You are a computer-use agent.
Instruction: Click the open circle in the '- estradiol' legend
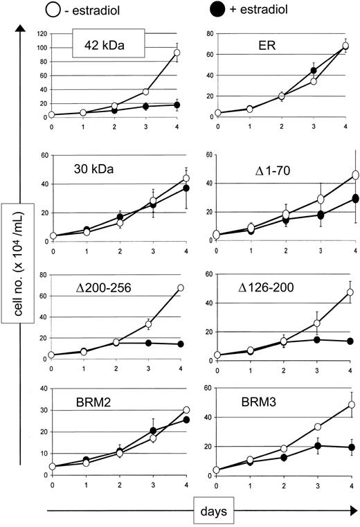coord(55,11)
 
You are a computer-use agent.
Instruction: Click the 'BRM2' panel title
coord(87,401)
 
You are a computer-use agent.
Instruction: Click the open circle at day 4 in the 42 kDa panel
coord(177,53)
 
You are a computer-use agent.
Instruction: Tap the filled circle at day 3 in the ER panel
coord(314,71)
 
